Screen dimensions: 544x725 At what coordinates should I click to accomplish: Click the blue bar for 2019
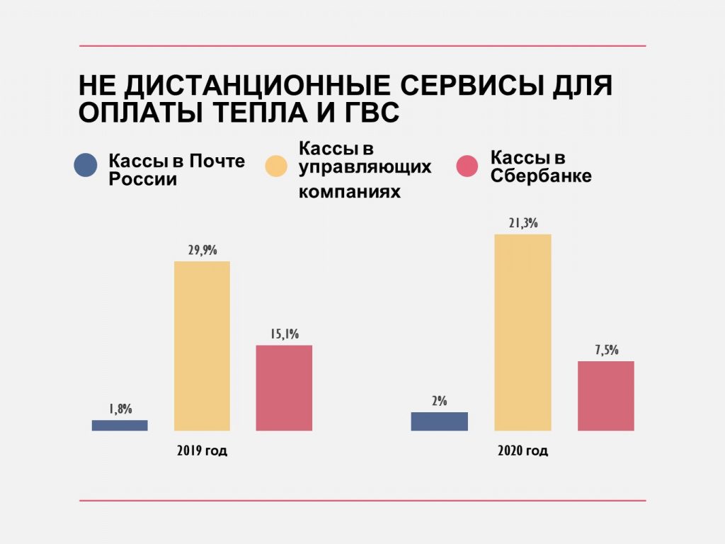[120, 425]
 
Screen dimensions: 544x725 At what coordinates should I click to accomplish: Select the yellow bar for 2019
[202, 346]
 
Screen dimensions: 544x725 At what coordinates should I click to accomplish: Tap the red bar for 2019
[284, 387]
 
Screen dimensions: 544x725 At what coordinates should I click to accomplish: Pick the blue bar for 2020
[439, 421]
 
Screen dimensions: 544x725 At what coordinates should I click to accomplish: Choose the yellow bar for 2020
[523, 332]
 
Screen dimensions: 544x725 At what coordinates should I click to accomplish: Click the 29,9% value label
[202, 250]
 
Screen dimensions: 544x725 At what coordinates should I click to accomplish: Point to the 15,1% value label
[284, 334]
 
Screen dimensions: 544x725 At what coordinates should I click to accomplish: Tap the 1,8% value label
[120, 409]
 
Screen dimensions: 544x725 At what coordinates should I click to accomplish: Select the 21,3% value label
[523, 223]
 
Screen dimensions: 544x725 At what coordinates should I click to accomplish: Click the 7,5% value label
[605, 350]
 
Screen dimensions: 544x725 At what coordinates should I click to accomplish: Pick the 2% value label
[439, 401]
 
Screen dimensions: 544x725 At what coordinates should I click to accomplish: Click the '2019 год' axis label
[202, 450]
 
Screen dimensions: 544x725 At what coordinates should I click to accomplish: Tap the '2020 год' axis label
[523, 450]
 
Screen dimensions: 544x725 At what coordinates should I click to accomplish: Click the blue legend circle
[86, 166]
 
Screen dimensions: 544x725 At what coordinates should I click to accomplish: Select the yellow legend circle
[276, 166]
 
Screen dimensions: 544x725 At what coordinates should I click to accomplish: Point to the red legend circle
[467, 166]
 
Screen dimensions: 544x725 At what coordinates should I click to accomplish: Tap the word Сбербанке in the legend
[541, 176]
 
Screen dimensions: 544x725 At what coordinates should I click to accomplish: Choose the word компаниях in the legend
[350, 192]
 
